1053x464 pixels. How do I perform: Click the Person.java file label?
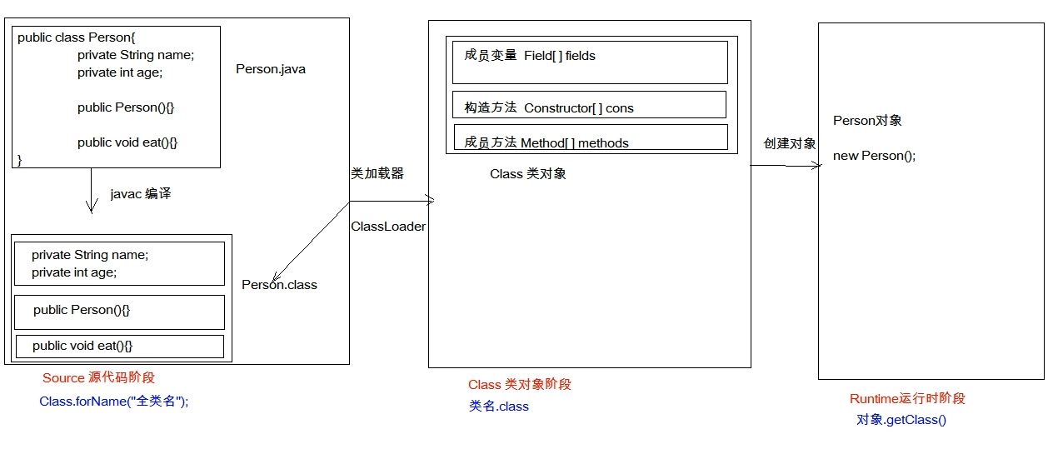point(271,69)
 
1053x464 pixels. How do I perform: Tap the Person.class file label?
point(279,285)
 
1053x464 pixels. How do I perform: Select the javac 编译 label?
point(141,194)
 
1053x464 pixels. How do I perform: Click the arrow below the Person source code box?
point(91,191)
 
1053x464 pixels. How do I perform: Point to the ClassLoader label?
point(388,227)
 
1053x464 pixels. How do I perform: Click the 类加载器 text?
point(377,173)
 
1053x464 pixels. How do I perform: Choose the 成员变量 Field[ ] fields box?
point(590,62)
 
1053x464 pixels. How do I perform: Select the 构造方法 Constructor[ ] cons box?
point(590,105)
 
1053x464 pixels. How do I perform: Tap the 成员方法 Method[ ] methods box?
point(590,137)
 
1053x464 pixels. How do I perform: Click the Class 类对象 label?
point(528,174)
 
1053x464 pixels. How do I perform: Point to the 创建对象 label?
point(790,143)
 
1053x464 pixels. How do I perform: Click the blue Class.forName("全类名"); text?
point(114,401)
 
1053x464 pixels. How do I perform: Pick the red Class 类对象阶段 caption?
point(520,385)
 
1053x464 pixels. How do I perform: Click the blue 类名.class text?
point(498,407)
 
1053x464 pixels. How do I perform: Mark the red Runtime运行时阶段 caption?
point(907,399)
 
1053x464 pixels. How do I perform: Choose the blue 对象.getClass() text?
point(901,420)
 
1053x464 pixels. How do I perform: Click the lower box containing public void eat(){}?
point(120,346)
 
